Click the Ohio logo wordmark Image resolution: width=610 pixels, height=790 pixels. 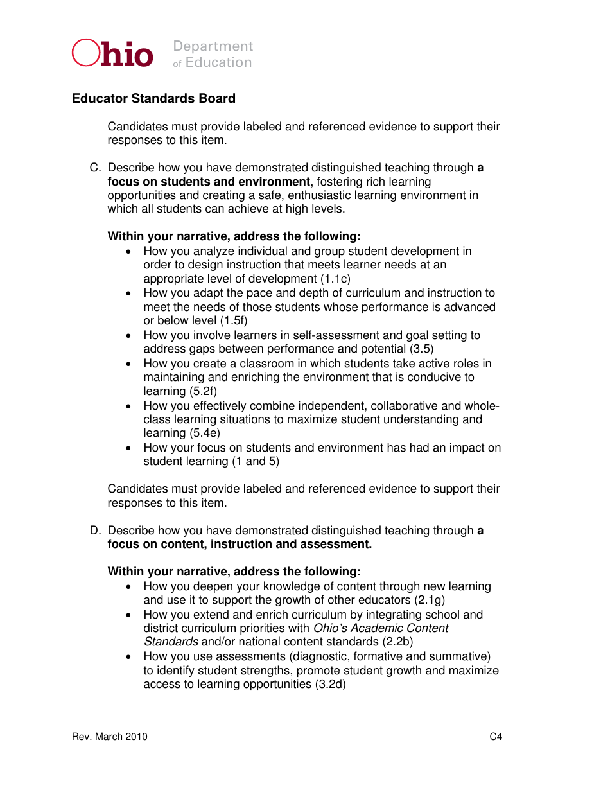point(113,54)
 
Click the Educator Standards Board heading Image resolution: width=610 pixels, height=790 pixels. point(153,98)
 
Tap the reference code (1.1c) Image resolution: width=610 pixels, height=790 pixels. point(335,279)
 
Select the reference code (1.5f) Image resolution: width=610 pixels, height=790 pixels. point(234,320)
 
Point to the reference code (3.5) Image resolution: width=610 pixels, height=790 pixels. point(421,349)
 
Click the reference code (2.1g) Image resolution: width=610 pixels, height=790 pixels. point(430,600)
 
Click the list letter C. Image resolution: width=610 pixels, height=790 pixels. point(94,168)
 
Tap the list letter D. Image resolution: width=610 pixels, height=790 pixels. point(94,531)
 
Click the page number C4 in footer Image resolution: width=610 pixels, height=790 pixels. point(496,737)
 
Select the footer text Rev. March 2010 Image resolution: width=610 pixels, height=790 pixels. point(110,737)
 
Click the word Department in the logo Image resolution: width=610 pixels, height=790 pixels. point(213,46)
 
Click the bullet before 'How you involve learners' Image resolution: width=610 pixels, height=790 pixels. point(130,335)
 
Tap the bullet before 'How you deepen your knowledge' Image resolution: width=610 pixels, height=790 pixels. point(130,586)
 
